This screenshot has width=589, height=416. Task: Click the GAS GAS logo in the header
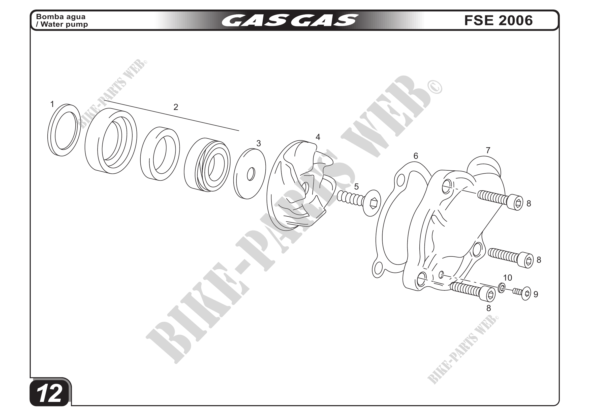pyautogui.click(x=290, y=20)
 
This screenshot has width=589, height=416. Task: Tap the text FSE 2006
pyautogui.click(x=498, y=20)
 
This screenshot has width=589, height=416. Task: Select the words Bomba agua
pyautogui.click(x=60, y=17)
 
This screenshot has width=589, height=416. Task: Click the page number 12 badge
pyautogui.click(x=49, y=393)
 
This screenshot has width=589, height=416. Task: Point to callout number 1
pyautogui.click(x=52, y=104)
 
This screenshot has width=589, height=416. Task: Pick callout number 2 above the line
pyautogui.click(x=176, y=107)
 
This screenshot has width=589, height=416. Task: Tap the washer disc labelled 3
pyautogui.click(x=250, y=174)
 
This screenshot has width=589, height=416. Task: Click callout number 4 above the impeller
pyautogui.click(x=318, y=137)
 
